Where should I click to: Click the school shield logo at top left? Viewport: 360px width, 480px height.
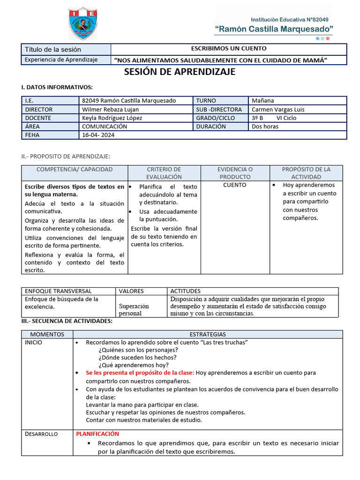[83, 23]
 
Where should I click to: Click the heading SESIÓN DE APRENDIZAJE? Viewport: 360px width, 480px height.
[180, 72]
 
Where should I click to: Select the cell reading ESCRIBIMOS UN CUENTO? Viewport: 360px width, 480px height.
[229, 49]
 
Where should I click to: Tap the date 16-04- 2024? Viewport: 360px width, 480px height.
[98, 135]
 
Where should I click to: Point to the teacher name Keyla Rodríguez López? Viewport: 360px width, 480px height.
[112, 118]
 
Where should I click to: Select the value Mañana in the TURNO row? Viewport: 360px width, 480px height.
[262, 101]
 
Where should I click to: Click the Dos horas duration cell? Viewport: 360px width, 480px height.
[265, 127]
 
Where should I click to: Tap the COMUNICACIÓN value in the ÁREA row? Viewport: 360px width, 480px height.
[104, 127]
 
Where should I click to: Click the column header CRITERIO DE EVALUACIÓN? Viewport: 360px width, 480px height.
[164, 173]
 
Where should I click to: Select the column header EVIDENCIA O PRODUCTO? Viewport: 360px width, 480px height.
[235, 173]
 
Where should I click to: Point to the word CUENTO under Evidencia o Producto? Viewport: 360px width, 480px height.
[235, 185]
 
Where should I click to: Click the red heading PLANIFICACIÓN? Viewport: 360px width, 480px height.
[97, 434]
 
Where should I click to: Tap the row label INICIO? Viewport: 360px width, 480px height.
[33, 343]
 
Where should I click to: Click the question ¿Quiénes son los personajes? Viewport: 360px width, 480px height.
[138, 350]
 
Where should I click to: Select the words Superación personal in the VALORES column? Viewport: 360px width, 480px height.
[134, 309]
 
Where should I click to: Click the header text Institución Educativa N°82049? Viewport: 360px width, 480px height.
[291, 20]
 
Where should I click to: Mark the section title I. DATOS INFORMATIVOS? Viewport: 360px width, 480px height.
[57, 87]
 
